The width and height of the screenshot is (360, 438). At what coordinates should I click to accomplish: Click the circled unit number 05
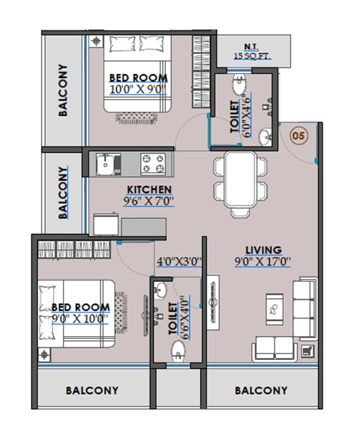[x=298, y=136]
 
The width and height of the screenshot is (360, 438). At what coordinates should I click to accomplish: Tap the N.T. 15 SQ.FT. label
[x=252, y=53]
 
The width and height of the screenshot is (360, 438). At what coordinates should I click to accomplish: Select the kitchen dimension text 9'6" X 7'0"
[x=149, y=201]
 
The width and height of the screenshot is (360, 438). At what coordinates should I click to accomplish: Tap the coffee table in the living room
[x=274, y=309]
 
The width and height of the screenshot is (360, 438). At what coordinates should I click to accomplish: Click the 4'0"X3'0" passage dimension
[x=178, y=262]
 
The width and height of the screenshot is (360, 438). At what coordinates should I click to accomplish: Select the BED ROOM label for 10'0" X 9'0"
[x=138, y=78]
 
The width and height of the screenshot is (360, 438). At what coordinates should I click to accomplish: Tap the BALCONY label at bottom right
[x=261, y=391]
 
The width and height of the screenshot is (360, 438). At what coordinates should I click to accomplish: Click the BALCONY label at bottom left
[x=92, y=391]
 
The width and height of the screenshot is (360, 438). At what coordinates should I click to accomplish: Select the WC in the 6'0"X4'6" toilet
[x=240, y=80]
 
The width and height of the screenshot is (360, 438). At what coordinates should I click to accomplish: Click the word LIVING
[x=263, y=250]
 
